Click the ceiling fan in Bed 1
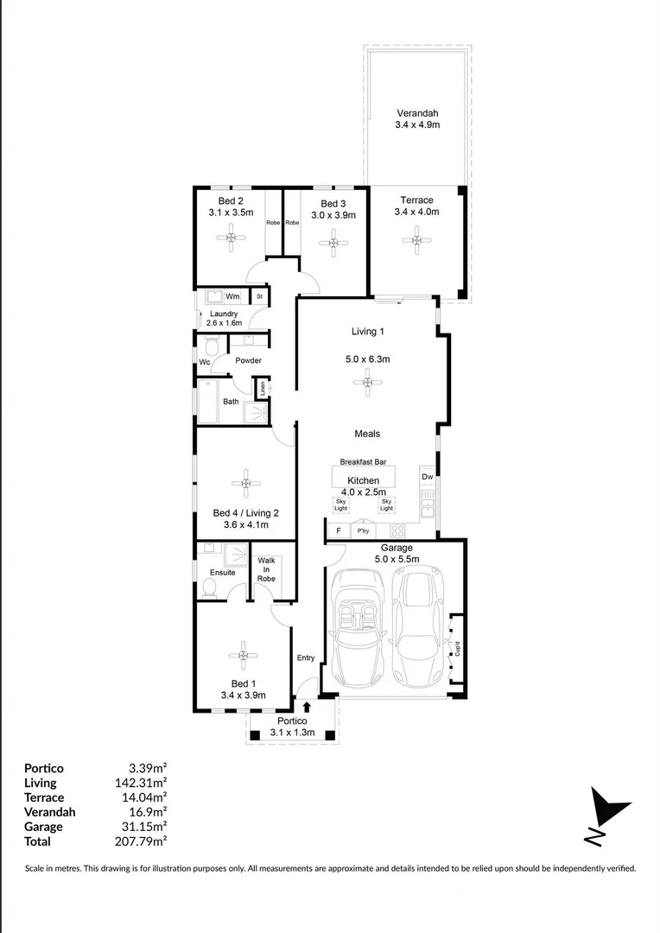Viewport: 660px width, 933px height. coord(244,656)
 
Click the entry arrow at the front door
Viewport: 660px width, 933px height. coord(306,707)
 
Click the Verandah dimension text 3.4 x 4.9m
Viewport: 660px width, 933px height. coord(417,125)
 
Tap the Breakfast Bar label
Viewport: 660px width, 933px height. coord(363,461)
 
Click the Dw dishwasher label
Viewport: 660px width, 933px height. coord(427,477)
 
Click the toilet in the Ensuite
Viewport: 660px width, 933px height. coord(208,588)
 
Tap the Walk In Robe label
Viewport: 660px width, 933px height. coord(266,569)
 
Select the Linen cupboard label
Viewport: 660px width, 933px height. coord(262,389)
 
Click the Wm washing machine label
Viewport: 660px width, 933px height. coord(232,296)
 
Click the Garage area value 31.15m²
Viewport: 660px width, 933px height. coord(143,827)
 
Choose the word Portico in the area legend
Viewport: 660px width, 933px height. coord(44,768)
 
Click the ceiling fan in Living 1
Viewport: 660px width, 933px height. coord(368,381)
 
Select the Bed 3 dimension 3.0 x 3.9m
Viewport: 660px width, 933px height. coord(333,215)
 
